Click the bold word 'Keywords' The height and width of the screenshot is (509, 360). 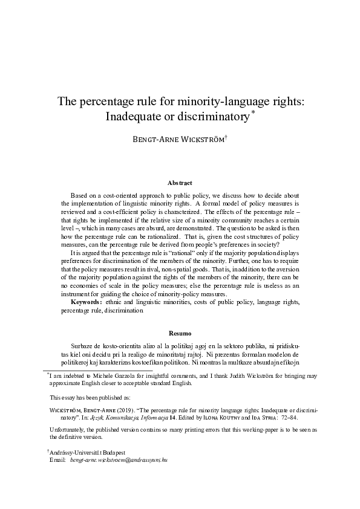pyautogui.click(x=87, y=301)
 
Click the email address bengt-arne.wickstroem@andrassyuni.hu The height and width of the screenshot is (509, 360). pyautogui.click(x=119, y=459)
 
